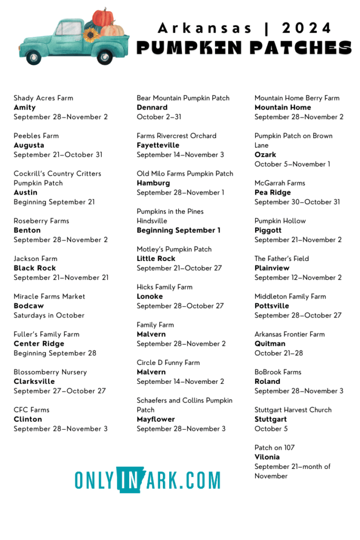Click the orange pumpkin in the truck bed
pos(103,17)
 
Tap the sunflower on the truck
pos(91,35)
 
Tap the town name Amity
pos(25,108)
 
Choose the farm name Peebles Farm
pos(36,136)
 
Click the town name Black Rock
pos(35,268)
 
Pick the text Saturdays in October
pos(49,315)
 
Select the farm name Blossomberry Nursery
pos(50,372)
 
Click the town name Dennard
pos(152,108)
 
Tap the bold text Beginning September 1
pos(179,230)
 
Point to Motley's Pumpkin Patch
pos(174,249)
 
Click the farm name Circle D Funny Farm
pos(168,363)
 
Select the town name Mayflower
pos(156,420)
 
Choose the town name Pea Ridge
pos(273,192)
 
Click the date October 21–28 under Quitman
pos(279,353)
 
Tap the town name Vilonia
pos(267,457)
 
